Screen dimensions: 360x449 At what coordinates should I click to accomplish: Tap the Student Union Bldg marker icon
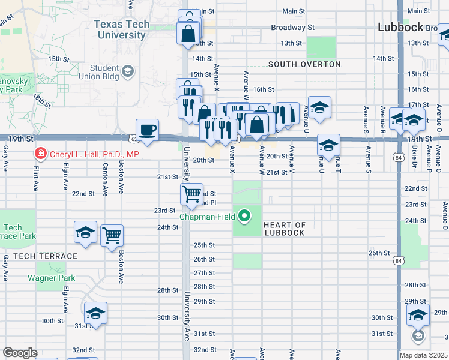click(127, 72)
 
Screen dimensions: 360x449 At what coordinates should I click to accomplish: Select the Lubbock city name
click(401, 27)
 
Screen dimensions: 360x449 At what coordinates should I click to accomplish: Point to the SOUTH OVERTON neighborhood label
click(304, 64)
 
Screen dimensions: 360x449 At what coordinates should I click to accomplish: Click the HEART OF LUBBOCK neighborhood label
click(285, 229)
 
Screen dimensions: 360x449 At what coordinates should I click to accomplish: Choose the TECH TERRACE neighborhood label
click(46, 256)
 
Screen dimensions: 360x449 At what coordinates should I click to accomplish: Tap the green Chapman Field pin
click(244, 215)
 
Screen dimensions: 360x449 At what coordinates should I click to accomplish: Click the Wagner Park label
click(52, 278)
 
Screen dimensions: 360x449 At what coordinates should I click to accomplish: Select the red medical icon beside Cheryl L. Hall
click(41, 154)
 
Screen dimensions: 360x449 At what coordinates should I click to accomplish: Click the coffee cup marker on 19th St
click(147, 129)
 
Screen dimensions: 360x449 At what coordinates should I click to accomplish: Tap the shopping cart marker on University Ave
click(191, 194)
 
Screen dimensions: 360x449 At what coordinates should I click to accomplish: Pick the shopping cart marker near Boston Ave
click(112, 235)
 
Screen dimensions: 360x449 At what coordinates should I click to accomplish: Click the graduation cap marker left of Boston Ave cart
click(85, 232)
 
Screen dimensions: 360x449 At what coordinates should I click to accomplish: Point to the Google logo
click(20, 353)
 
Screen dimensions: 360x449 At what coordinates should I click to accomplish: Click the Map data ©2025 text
click(424, 355)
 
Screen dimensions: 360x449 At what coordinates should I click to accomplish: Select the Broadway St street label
click(292, 28)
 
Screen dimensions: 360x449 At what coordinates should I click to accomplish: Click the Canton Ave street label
click(105, 180)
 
